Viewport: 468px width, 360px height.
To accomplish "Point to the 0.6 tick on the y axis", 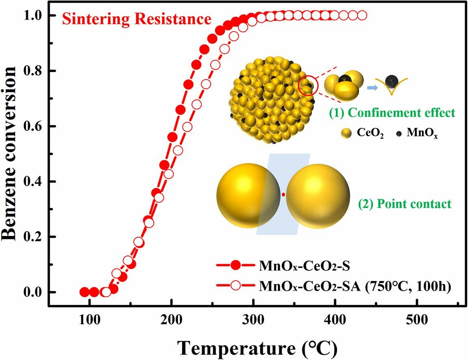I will point(35,126).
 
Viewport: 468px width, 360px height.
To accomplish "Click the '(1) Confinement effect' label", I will point(387,113).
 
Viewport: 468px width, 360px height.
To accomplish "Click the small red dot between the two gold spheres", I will point(283,195).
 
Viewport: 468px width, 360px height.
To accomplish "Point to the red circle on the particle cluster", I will point(307,86).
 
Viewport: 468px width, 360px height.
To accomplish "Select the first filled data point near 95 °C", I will point(84,292).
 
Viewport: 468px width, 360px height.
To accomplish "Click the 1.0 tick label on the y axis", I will point(35,15).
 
